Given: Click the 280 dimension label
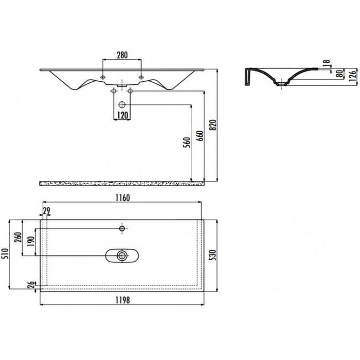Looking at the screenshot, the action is [x=122, y=55].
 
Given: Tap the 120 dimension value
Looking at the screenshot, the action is [x=122, y=115].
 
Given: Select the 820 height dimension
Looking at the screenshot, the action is [x=213, y=125].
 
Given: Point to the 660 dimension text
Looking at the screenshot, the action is [x=200, y=136].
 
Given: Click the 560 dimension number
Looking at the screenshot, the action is [x=187, y=142].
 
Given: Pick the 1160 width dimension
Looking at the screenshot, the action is [x=122, y=197].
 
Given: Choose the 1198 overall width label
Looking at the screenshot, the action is [x=122, y=300].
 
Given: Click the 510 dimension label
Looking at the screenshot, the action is [x=5, y=254].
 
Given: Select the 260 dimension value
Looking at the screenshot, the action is [x=18, y=237].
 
